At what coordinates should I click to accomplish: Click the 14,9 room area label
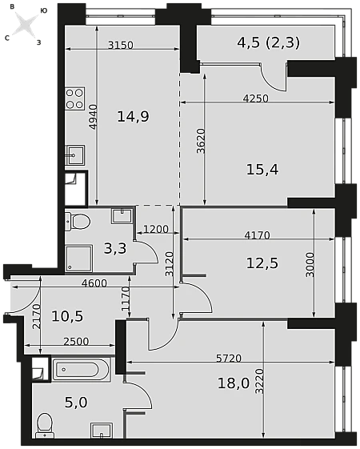pyautogui.click(x=133, y=117)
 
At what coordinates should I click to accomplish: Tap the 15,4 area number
pyautogui.click(x=262, y=170)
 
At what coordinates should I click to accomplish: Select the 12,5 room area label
pyautogui.click(x=262, y=263)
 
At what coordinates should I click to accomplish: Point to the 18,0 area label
pyautogui.click(x=234, y=383)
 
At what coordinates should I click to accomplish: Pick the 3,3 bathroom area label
pyautogui.click(x=115, y=248)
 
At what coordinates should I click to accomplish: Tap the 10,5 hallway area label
pyautogui.click(x=67, y=316)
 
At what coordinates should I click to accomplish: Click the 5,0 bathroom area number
pyautogui.click(x=76, y=403)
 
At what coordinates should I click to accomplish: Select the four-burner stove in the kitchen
pyautogui.click(x=74, y=99)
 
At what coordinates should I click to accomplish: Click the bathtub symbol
pyautogui.click(x=81, y=370)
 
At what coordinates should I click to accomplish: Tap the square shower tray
pyautogui.click(x=79, y=258)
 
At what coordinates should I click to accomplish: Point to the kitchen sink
pyautogui.click(x=74, y=155)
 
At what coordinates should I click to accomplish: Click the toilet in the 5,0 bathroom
pyautogui.click(x=46, y=425)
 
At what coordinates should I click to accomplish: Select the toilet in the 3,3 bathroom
pyautogui.click(x=78, y=222)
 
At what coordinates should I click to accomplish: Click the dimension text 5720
pyautogui.click(x=229, y=359)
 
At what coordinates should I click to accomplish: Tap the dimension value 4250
pyautogui.click(x=255, y=98)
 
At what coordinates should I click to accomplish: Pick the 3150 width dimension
pyautogui.click(x=121, y=45)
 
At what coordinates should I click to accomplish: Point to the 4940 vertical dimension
pyautogui.click(x=94, y=117)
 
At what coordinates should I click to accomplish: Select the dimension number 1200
pyautogui.click(x=156, y=229)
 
